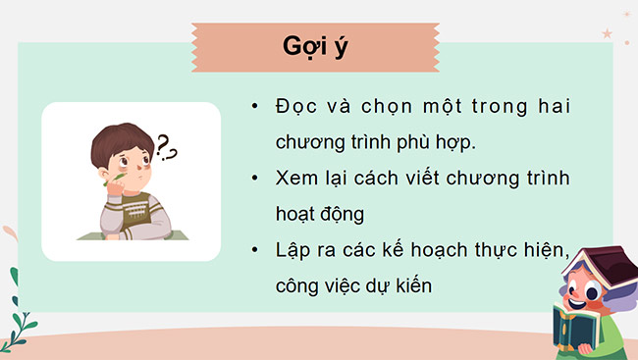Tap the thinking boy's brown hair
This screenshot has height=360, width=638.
coord(118,141)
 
